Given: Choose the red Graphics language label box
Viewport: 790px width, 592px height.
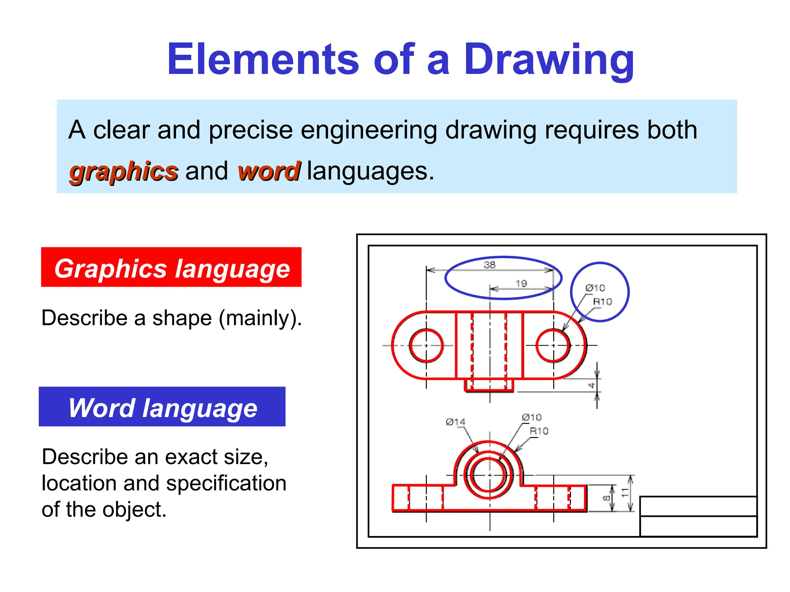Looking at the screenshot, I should pyautogui.click(x=171, y=267).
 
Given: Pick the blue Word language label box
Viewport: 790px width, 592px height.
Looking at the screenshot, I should pyautogui.click(x=162, y=407).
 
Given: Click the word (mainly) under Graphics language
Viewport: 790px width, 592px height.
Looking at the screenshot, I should pyautogui.click(x=260, y=318).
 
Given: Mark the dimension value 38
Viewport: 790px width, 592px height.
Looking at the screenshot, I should pyautogui.click(x=490, y=265).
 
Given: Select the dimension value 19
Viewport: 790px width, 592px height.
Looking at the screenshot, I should pyautogui.click(x=521, y=284).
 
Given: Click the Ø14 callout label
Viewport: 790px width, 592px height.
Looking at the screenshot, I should pyautogui.click(x=456, y=422).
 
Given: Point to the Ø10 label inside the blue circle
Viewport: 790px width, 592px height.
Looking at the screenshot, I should pyautogui.click(x=595, y=288).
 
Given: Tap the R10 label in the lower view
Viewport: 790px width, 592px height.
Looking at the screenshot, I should pyautogui.click(x=539, y=431).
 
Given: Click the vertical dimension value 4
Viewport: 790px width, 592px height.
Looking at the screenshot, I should pyautogui.click(x=591, y=385).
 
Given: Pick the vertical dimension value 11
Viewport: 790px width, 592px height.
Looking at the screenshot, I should pyautogui.click(x=625, y=492).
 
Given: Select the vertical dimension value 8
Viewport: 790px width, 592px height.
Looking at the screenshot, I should pyautogui.click(x=606, y=498).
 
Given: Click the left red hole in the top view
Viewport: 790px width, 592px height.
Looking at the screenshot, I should pyautogui.click(x=426, y=345).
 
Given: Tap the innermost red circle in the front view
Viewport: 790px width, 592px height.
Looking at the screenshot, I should pyautogui.click(x=489, y=475).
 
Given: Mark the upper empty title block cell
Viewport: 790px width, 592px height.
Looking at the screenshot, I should pyautogui.click(x=698, y=506).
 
